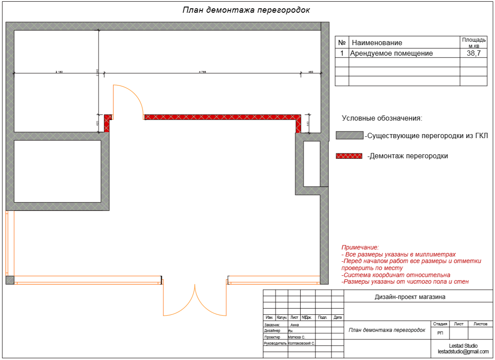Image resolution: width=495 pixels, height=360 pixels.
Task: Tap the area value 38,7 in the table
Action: [x=474, y=53]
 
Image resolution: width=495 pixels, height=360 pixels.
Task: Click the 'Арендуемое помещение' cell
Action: [x=391, y=53]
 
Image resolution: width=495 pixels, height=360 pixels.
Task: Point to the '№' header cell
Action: [x=342, y=43]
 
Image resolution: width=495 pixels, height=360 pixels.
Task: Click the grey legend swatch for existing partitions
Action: [x=349, y=135]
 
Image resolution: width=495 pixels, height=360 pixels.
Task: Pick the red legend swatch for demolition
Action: [x=349, y=156]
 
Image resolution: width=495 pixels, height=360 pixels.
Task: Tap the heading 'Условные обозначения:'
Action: [x=382, y=118]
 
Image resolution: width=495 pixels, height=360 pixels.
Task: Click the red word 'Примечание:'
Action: [x=360, y=248]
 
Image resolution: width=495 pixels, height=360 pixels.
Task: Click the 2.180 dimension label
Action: [x=59, y=71]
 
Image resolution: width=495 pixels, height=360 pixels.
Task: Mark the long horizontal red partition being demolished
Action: [x=221, y=117]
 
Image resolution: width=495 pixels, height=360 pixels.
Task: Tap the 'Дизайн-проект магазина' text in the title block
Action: [x=410, y=297]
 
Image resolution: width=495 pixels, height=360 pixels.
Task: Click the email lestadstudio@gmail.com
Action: [x=463, y=352]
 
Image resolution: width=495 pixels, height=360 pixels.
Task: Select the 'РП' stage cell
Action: [x=440, y=333]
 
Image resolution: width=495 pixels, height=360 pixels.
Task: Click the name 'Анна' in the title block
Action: [x=294, y=325]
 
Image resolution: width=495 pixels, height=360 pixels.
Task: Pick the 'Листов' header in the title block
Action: [x=481, y=324]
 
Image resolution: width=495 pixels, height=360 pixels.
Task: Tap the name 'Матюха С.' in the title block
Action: [x=296, y=337]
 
